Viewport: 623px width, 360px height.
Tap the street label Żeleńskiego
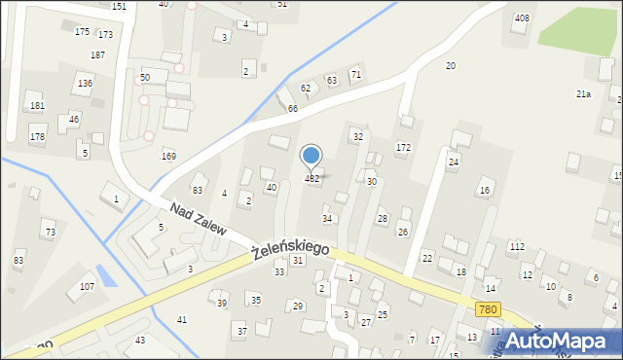click(x=289, y=251)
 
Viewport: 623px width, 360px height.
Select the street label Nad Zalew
click(x=198, y=220)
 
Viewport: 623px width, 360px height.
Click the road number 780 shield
click(x=489, y=309)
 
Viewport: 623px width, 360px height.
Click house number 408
click(x=522, y=18)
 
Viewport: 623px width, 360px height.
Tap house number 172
click(x=403, y=147)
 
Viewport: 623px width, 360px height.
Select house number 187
click(x=97, y=55)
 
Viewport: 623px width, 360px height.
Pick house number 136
click(x=86, y=84)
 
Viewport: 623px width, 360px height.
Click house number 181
click(x=37, y=106)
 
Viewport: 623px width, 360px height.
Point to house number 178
click(x=37, y=137)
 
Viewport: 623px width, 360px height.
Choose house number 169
click(x=168, y=156)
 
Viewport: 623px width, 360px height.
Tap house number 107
click(x=87, y=287)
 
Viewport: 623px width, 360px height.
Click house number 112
click(x=516, y=247)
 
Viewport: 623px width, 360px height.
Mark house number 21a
click(x=583, y=94)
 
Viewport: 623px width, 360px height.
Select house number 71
click(x=356, y=74)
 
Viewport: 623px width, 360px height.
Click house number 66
click(x=292, y=108)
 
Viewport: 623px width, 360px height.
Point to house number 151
click(x=119, y=7)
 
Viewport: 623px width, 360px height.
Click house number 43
click(x=140, y=340)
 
